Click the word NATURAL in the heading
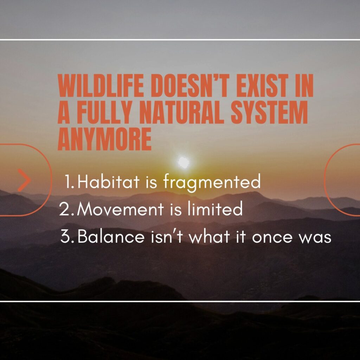point(182,112)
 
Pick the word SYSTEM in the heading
point(269,112)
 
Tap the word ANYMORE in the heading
point(104,139)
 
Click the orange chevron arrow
point(24,180)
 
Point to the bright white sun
point(184,162)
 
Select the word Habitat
point(108,181)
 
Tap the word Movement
point(120,209)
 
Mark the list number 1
point(69,181)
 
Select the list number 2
point(66,209)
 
